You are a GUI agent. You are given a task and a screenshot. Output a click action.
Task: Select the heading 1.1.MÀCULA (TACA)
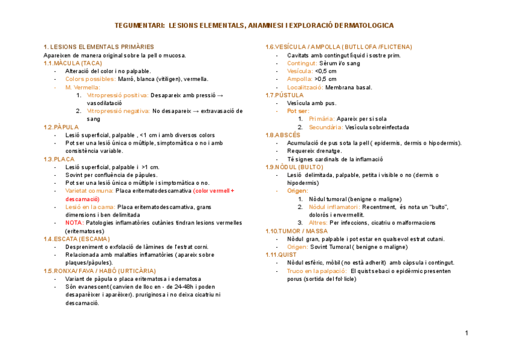(x=73, y=63)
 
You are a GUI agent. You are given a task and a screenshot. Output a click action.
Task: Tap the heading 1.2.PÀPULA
(x=61, y=127)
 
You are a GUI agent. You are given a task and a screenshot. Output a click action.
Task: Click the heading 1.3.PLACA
(x=59, y=159)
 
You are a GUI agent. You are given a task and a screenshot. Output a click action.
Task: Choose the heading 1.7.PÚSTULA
(x=285, y=95)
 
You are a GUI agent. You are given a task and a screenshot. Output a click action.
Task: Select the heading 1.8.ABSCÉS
(x=283, y=135)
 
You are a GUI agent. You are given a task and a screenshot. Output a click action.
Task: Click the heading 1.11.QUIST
(x=282, y=254)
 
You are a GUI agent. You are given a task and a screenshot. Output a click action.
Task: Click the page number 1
(x=466, y=332)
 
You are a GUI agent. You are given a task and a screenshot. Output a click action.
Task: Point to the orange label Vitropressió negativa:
(x=118, y=111)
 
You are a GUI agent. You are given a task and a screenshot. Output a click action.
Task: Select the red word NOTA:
(x=74, y=223)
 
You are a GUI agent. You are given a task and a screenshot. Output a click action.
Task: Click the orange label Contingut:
(x=302, y=63)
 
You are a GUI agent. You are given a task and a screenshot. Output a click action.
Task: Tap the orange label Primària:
(x=322, y=119)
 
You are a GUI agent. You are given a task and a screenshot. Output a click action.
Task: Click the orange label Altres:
(x=318, y=223)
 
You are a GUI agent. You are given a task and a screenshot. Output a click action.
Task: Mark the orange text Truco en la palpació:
(x=317, y=271)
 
